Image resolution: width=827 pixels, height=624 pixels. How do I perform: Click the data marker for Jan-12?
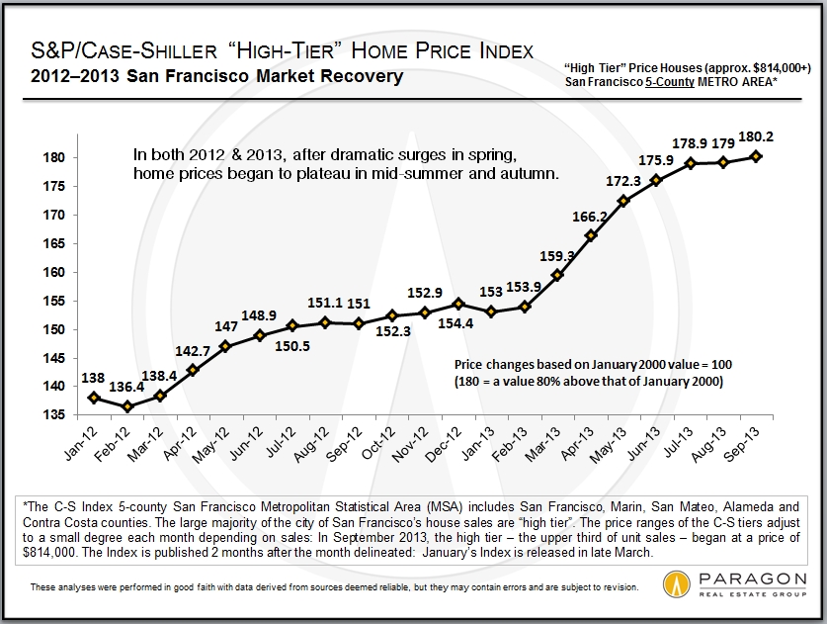(x=93, y=398)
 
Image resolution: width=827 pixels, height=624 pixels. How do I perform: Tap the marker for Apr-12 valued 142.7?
(x=194, y=370)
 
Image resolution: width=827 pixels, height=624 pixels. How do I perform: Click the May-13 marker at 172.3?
(x=623, y=201)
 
